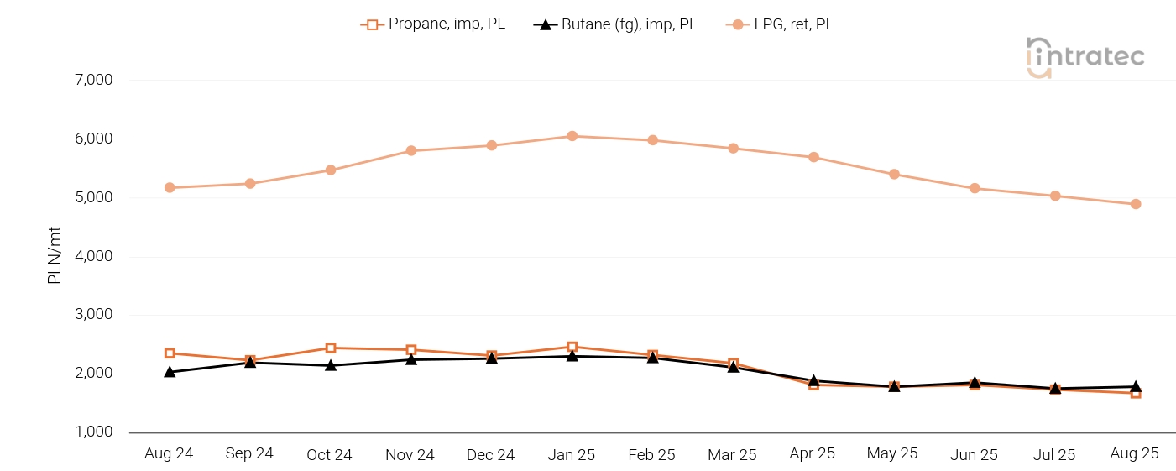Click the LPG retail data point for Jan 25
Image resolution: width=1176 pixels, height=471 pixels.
coord(572,136)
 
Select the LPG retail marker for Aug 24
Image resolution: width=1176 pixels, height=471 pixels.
coord(170,187)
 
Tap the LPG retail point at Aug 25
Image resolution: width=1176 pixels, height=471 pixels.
coord(1136,204)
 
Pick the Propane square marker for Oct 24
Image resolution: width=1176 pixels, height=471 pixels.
coord(331,348)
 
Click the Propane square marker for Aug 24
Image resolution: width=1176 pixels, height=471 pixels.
coord(170,353)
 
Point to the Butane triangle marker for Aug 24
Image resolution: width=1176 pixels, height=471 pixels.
coord(170,371)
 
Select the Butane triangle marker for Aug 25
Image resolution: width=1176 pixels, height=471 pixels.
coord(1136,386)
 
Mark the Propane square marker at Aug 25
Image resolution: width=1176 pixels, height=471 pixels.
coord(1136,393)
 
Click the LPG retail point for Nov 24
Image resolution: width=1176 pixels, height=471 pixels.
coord(411,151)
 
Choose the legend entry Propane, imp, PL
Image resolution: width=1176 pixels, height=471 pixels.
coord(433,24)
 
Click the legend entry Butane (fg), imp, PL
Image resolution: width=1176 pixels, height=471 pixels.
coord(615,24)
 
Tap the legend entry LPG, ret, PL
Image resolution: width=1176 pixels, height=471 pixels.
coord(780,24)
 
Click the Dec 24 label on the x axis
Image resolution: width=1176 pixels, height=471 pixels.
coord(490,455)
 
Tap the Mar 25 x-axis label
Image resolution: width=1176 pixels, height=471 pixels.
coord(732,455)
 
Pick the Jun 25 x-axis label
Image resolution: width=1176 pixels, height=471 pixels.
coord(974,455)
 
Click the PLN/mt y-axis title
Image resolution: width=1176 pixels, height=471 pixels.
coord(55,256)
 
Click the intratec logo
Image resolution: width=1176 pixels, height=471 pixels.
coord(1085,57)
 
